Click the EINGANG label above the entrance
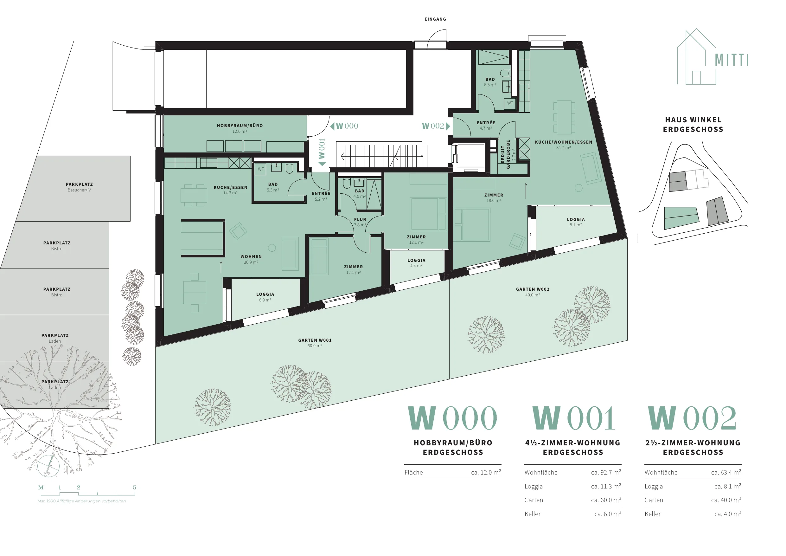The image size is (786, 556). click(x=435, y=19)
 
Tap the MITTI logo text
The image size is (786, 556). click(x=732, y=60)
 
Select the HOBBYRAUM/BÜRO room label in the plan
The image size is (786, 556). click(x=240, y=126)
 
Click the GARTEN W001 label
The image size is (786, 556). click(x=315, y=340)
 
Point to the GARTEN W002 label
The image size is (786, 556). click(x=533, y=289)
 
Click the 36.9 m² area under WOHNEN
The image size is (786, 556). click(x=251, y=262)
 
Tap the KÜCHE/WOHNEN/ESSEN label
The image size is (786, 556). click(x=564, y=142)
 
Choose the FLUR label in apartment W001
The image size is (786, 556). click(x=360, y=220)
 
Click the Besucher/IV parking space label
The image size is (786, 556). click(x=79, y=190)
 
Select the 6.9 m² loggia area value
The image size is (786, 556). click(x=265, y=300)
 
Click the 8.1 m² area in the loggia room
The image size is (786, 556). click(x=576, y=225)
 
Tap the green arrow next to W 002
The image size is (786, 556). click(x=448, y=126)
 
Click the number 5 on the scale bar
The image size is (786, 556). click(x=135, y=488)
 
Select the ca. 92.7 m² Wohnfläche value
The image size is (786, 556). click(x=606, y=472)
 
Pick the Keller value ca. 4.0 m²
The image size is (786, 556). click(x=727, y=514)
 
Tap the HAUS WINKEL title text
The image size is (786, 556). click(x=693, y=120)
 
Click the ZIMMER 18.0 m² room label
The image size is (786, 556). click(x=494, y=198)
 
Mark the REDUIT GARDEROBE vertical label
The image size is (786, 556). click(x=505, y=154)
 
